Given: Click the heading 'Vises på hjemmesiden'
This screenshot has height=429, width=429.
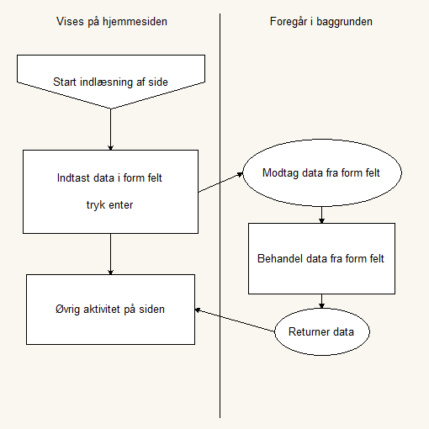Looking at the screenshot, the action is pyautogui.click(x=112, y=22).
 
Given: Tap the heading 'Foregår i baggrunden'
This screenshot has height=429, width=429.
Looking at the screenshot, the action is pyautogui.click(x=321, y=22).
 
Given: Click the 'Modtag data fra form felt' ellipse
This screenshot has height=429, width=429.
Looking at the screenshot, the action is pyautogui.click(x=322, y=172).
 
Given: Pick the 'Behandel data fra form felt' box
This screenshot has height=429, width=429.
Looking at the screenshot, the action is pyautogui.click(x=321, y=258).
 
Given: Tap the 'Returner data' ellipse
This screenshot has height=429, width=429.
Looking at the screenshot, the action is pyautogui.click(x=322, y=331).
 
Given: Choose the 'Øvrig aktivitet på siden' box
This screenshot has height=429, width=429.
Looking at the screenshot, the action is pyautogui.click(x=110, y=310).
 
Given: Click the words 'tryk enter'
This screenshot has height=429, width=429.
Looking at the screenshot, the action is pyautogui.click(x=109, y=205).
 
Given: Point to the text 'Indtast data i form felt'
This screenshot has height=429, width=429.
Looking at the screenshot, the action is pyautogui.click(x=109, y=178).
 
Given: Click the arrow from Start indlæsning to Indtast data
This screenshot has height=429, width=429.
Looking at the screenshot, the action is pyautogui.click(x=110, y=130).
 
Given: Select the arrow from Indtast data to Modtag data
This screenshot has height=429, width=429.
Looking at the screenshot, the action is pyautogui.click(x=220, y=183).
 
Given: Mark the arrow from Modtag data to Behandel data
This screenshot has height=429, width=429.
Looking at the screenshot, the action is pyautogui.click(x=321, y=215).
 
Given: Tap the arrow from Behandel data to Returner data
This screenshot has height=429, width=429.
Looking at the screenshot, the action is pyautogui.click(x=321, y=301).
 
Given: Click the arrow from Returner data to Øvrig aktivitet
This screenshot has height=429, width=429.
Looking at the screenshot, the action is pyautogui.click(x=235, y=320).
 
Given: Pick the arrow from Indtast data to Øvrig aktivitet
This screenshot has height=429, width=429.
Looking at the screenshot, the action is pyautogui.click(x=110, y=254).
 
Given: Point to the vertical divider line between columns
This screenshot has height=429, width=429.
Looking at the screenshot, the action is pyautogui.click(x=220, y=215).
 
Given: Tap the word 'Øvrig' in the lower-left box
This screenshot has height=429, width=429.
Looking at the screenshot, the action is pyautogui.click(x=67, y=310).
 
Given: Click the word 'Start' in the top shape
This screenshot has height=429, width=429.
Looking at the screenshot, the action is pyautogui.click(x=65, y=82).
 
